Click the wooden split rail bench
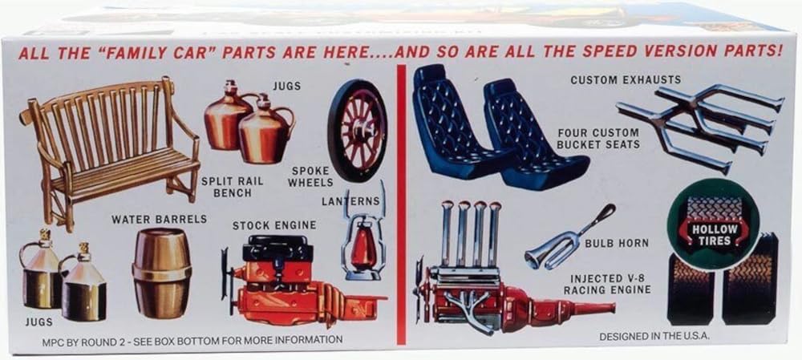point(110,148)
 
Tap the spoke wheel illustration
point(358,131)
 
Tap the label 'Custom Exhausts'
point(626,79)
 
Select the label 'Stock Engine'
point(274,225)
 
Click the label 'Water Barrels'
point(159,219)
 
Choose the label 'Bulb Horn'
point(617,244)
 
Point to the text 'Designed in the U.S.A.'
point(654,337)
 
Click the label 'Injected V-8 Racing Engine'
point(608,285)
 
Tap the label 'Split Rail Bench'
point(233,187)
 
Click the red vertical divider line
point(402,204)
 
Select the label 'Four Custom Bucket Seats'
point(598,139)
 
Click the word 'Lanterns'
point(351,201)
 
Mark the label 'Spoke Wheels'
point(310,176)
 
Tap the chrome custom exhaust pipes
point(699,125)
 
